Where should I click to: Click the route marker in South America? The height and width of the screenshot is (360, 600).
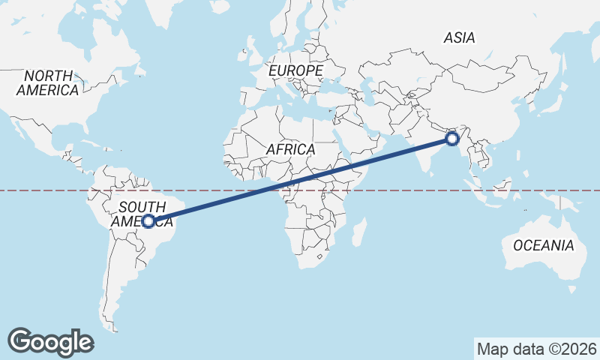pos(148,221)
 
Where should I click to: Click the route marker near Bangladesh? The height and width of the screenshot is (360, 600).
pos(451,139)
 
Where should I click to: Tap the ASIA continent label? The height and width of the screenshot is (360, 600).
pos(460,37)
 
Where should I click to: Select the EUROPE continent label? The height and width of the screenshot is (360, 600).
pos(295,70)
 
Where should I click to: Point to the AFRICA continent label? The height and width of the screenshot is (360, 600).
pos(290,149)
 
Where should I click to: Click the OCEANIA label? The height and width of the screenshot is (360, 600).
pos(543,245)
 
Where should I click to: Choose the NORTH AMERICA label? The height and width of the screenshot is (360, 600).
pos(48,83)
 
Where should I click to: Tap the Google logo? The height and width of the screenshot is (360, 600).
pos(50,341)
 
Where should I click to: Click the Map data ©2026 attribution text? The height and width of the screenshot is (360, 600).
pos(537,349)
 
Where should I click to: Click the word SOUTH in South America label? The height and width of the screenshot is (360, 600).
pos(142,208)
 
